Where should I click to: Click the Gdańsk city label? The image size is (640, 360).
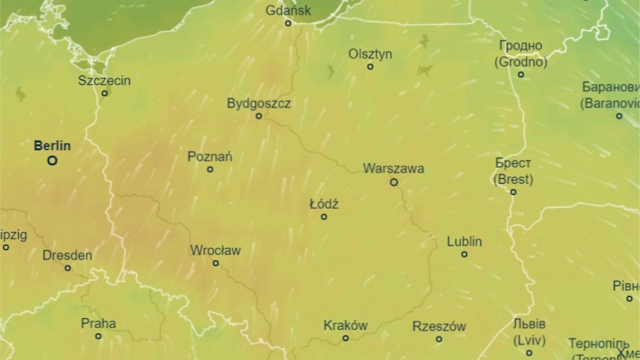click(288, 10)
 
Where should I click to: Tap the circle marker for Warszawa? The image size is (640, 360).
click(394, 182)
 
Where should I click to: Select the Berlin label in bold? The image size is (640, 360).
click(52, 146)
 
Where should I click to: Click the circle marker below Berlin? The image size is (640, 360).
click(52, 160)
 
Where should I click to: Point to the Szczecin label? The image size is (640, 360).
click(104, 81)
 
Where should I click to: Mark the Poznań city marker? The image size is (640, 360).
click(210, 169)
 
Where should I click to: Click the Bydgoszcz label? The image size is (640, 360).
click(259, 103)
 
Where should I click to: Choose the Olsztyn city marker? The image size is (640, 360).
click(370, 67)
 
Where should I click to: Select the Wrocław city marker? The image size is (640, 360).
click(215, 263)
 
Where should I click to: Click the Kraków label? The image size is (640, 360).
click(346, 326)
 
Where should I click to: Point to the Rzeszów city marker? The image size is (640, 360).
click(439, 339)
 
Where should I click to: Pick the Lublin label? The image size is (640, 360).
click(465, 242)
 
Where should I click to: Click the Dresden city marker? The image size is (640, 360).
click(68, 268)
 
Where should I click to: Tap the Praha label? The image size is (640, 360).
click(98, 323)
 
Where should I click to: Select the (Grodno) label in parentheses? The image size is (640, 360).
click(521, 62)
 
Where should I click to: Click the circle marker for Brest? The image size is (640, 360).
click(513, 192)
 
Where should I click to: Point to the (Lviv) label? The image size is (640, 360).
click(529, 340)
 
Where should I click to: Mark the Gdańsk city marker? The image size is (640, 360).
click(288, 23)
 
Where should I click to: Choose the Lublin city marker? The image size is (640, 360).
click(465, 254)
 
